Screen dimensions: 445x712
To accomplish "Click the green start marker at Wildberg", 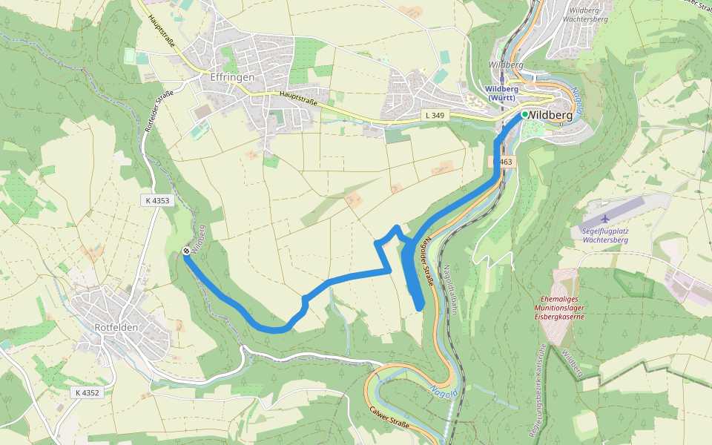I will (x=524, y=114).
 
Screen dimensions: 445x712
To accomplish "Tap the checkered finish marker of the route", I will (x=185, y=251).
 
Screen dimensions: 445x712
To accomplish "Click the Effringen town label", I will (x=232, y=77).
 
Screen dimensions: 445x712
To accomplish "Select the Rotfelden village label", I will (x=119, y=328).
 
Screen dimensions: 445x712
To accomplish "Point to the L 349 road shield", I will (x=436, y=116).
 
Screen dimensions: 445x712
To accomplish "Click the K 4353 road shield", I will (x=157, y=200).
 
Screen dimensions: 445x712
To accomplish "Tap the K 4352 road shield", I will (x=87, y=392).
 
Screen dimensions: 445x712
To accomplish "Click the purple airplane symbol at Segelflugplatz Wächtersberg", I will (x=605, y=219).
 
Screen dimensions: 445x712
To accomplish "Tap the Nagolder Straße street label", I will (x=427, y=263).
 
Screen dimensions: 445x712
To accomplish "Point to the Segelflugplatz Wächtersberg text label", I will (x=605, y=235).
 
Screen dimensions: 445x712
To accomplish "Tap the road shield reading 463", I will (x=504, y=162).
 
